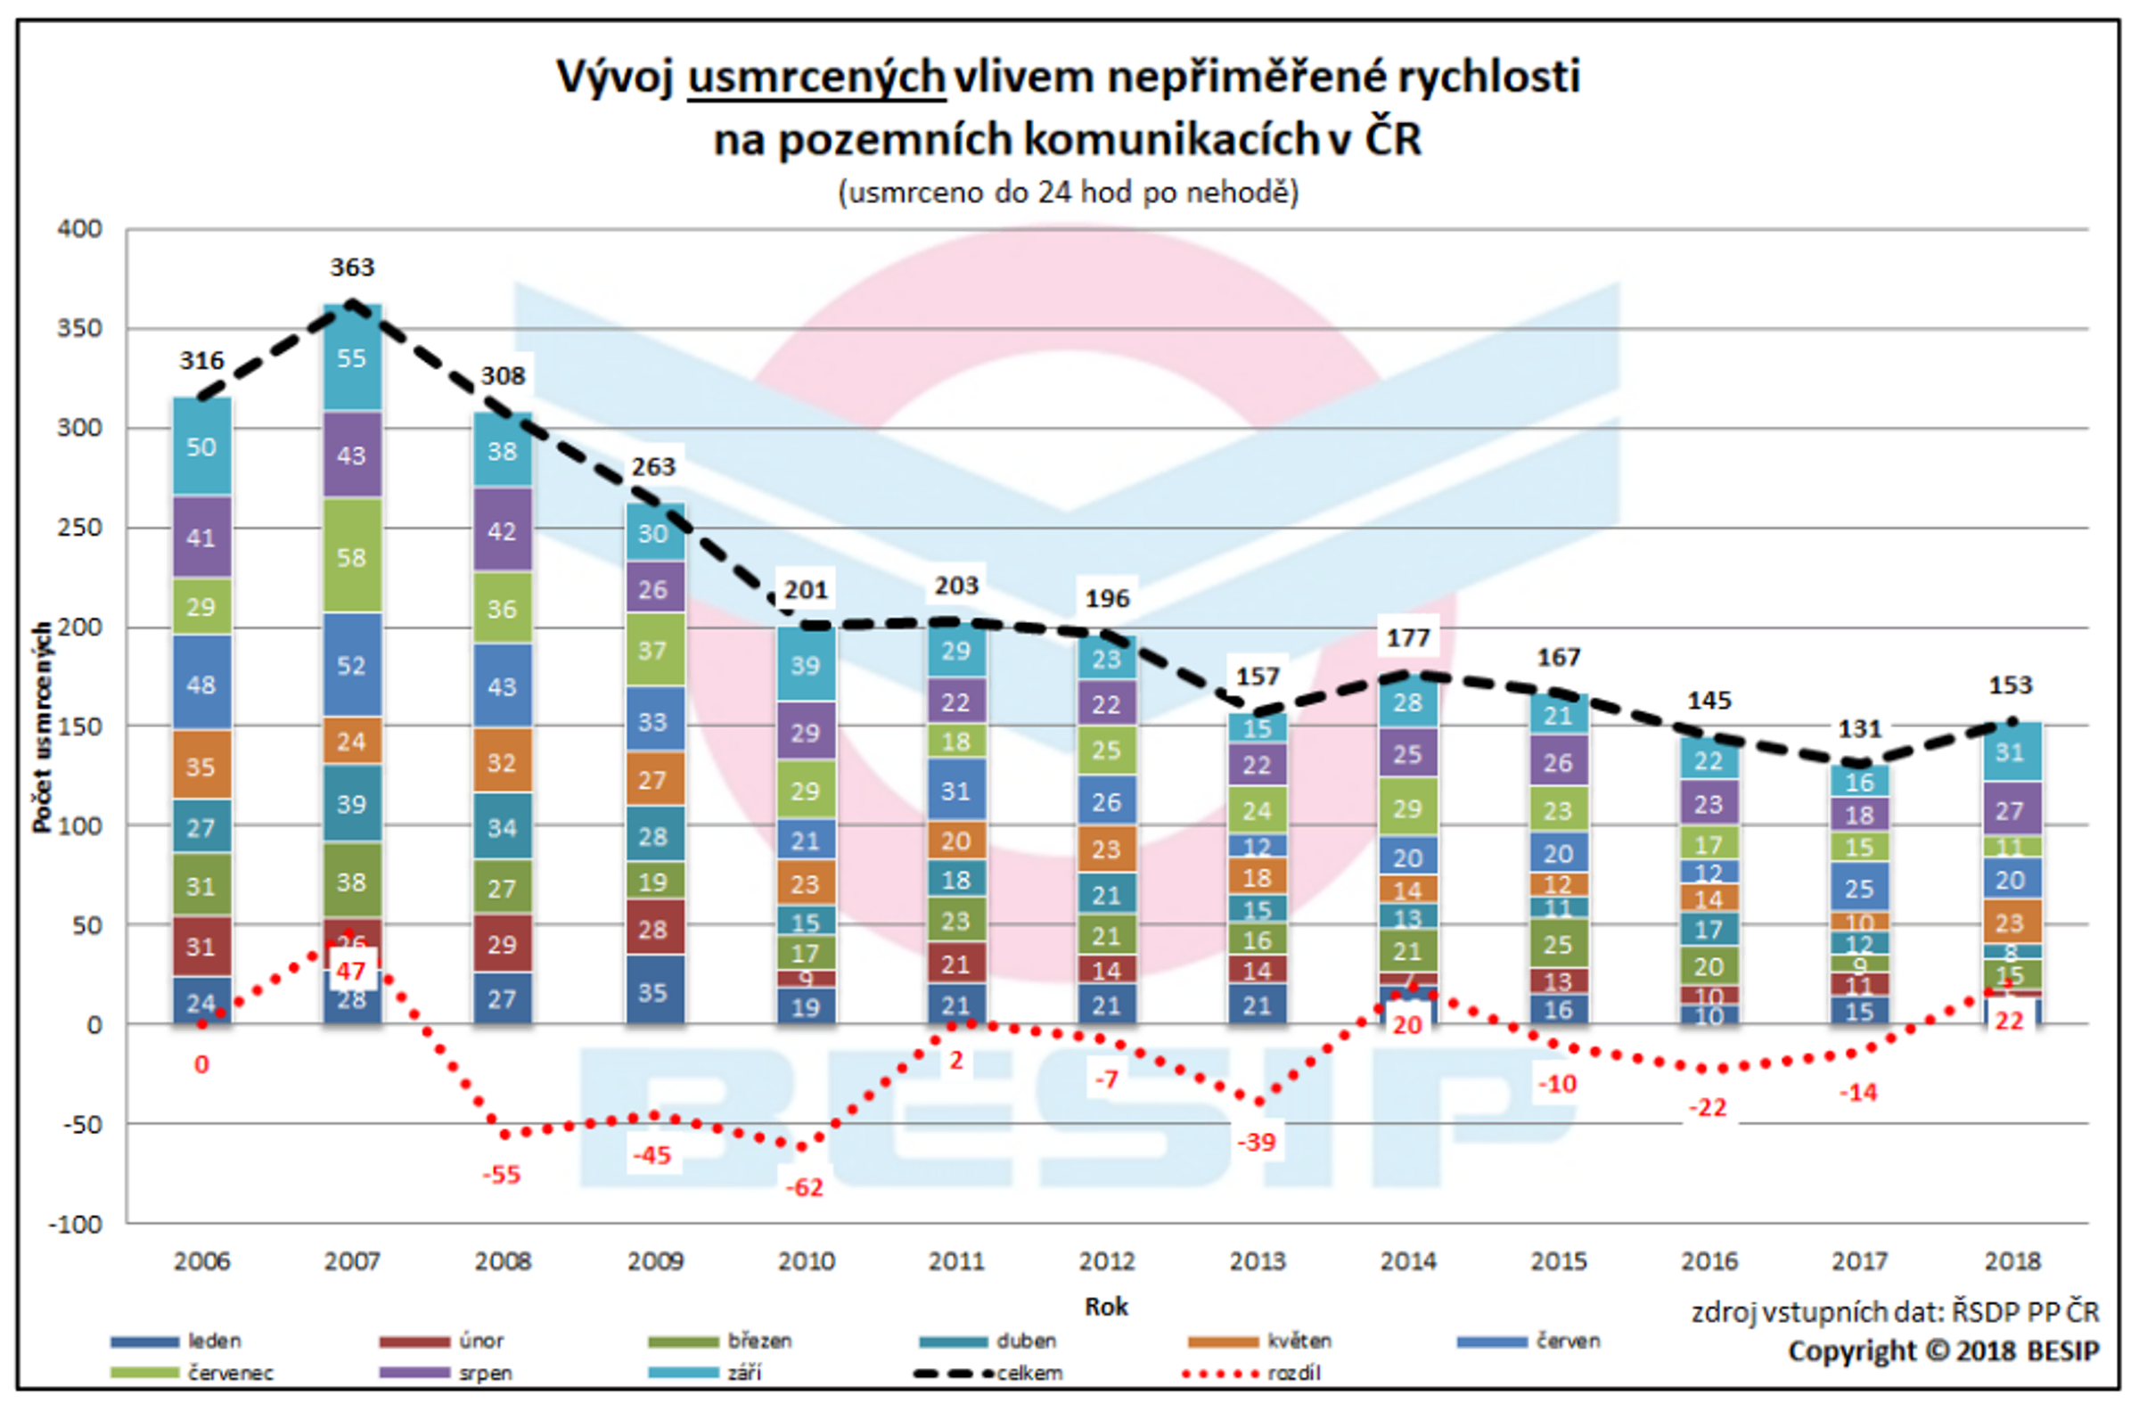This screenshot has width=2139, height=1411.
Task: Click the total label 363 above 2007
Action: (352, 267)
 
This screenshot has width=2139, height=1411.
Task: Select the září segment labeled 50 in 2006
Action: (201, 447)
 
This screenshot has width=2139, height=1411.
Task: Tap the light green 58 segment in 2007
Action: (352, 557)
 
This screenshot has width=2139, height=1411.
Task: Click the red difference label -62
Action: (804, 1188)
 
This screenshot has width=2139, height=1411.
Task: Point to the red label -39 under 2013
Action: (1257, 1143)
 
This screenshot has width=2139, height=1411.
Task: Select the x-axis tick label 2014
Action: (1407, 1261)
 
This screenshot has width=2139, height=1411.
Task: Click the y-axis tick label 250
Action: (80, 528)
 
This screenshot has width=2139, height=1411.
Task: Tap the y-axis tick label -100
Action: (76, 1224)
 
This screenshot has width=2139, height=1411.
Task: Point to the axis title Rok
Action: (1105, 1307)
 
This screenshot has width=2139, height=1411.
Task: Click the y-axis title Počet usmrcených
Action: (41, 727)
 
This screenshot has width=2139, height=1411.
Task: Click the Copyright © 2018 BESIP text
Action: (1943, 1351)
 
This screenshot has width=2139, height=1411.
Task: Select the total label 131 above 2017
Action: (1859, 728)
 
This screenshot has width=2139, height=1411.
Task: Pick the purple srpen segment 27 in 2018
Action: (2010, 811)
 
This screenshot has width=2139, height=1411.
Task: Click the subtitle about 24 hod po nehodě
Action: (1068, 193)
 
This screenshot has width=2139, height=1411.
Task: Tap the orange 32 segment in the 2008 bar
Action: (502, 763)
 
